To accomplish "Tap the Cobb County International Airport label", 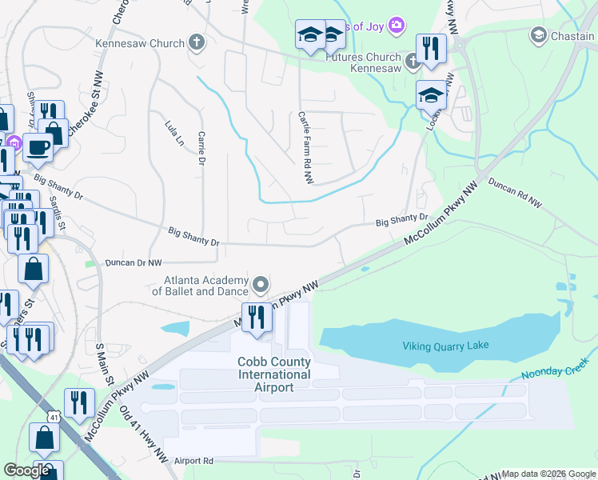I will pyautogui.click(x=273, y=374).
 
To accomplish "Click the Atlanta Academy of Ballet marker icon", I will pyautogui.click(x=261, y=285).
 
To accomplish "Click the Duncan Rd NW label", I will pyautogui.click(x=514, y=194).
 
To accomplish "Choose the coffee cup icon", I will pyautogui.click(x=37, y=146).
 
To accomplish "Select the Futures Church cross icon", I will pyautogui.click(x=412, y=60).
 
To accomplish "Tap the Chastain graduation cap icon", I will pyautogui.click(x=538, y=34).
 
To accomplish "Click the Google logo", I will pyautogui.click(x=26, y=470).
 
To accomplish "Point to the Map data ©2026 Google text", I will pyautogui.click(x=548, y=474).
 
